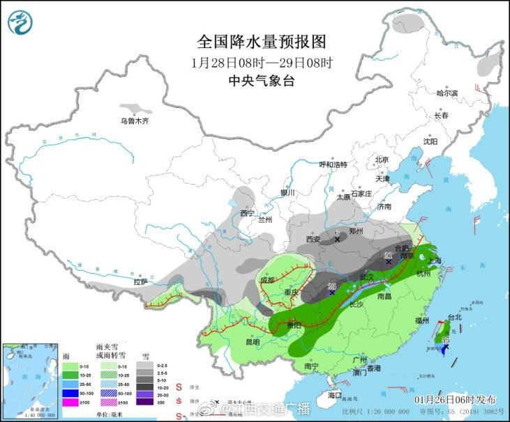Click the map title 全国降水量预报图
262,41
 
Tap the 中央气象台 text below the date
262,80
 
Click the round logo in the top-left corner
21,22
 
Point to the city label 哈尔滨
447,93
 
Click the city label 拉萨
141,282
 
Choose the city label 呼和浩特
333,165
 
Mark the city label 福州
421,321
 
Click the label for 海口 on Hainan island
336,395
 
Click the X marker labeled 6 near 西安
338,240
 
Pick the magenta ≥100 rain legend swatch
70,402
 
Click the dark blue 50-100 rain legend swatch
70,393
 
